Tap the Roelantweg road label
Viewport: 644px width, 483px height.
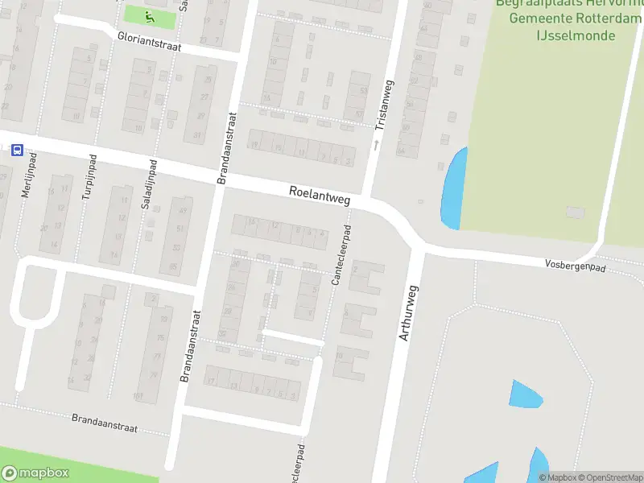coord(320,195)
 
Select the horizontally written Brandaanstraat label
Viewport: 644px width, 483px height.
coord(105,419)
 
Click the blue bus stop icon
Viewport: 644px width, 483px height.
coord(16,150)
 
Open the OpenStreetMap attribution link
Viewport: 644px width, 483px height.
coord(609,477)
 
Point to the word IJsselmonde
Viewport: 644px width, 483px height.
coord(576,35)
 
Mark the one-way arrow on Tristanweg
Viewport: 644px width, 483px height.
coord(375,146)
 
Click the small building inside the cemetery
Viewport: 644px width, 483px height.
coord(574,212)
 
